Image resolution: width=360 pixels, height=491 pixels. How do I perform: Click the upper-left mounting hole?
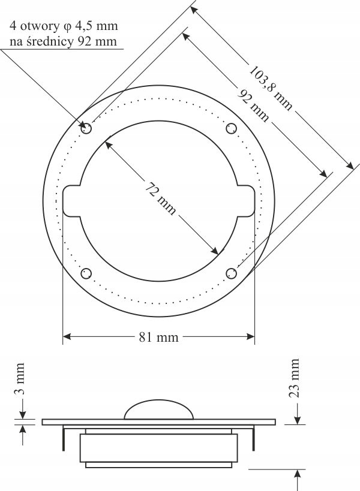(x=86, y=128)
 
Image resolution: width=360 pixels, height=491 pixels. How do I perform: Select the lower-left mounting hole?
(x=86, y=273)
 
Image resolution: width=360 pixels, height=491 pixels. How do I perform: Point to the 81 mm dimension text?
(x=159, y=337)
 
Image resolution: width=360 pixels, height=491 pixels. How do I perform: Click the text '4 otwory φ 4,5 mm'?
(x=64, y=26)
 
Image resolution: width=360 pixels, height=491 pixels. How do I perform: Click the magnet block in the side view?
(x=159, y=447)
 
